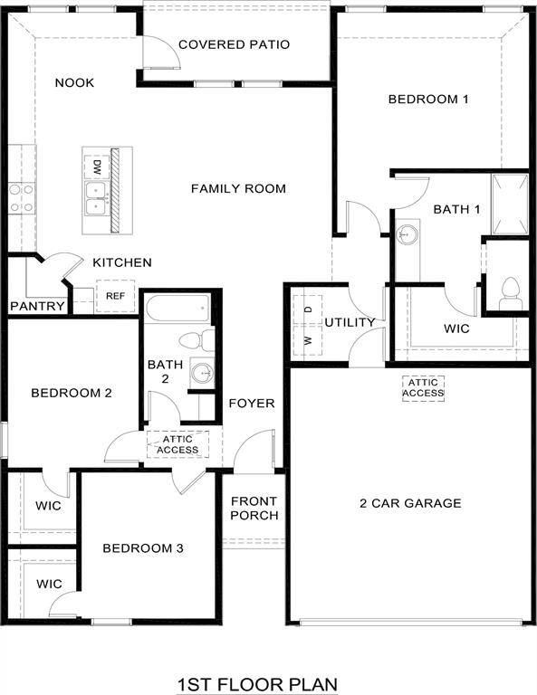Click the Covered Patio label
pyautogui.click(x=234, y=44)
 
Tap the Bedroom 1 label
pyautogui.click(x=427, y=100)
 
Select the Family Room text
pyautogui.click(x=238, y=188)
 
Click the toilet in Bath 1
pyautogui.click(x=508, y=292)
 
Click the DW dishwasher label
pyautogui.click(x=96, y=166)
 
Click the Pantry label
pyautogui.click(x=37, y=306)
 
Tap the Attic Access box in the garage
pyautogui.click(x=424, y=387)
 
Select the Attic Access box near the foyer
pyautogui.click(x=177, y=444)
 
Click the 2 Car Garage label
pyautogui.click(x=410, y=503)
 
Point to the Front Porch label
pyautogui.click(x=254, y=509)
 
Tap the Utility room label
pyautogui.click(x=350, y=322)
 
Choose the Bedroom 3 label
pyautogui.click(x=143, y=548)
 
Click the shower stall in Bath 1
pyautogui.click(x=509, y=205)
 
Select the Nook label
pyautogui.click(x=74, y=83)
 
